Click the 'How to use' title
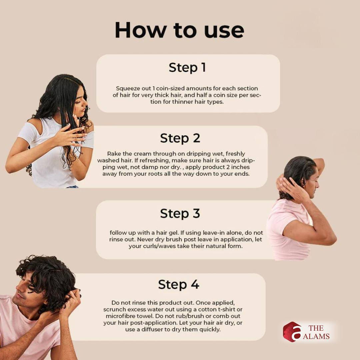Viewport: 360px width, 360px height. point(179,30)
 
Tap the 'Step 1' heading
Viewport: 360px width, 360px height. point(187,68)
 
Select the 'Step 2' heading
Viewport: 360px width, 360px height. point(180,138)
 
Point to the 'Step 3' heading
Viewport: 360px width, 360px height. point(180,214)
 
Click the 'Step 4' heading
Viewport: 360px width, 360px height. point(179,285)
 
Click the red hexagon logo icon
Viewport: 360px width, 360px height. point(292,332)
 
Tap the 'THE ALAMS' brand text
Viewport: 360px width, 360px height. point(316,332)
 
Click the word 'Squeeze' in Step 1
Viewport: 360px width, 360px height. point(126,88)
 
